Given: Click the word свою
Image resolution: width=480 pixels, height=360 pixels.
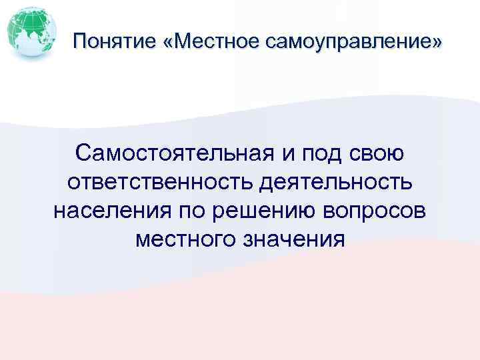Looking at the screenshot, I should tap(377, 155).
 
